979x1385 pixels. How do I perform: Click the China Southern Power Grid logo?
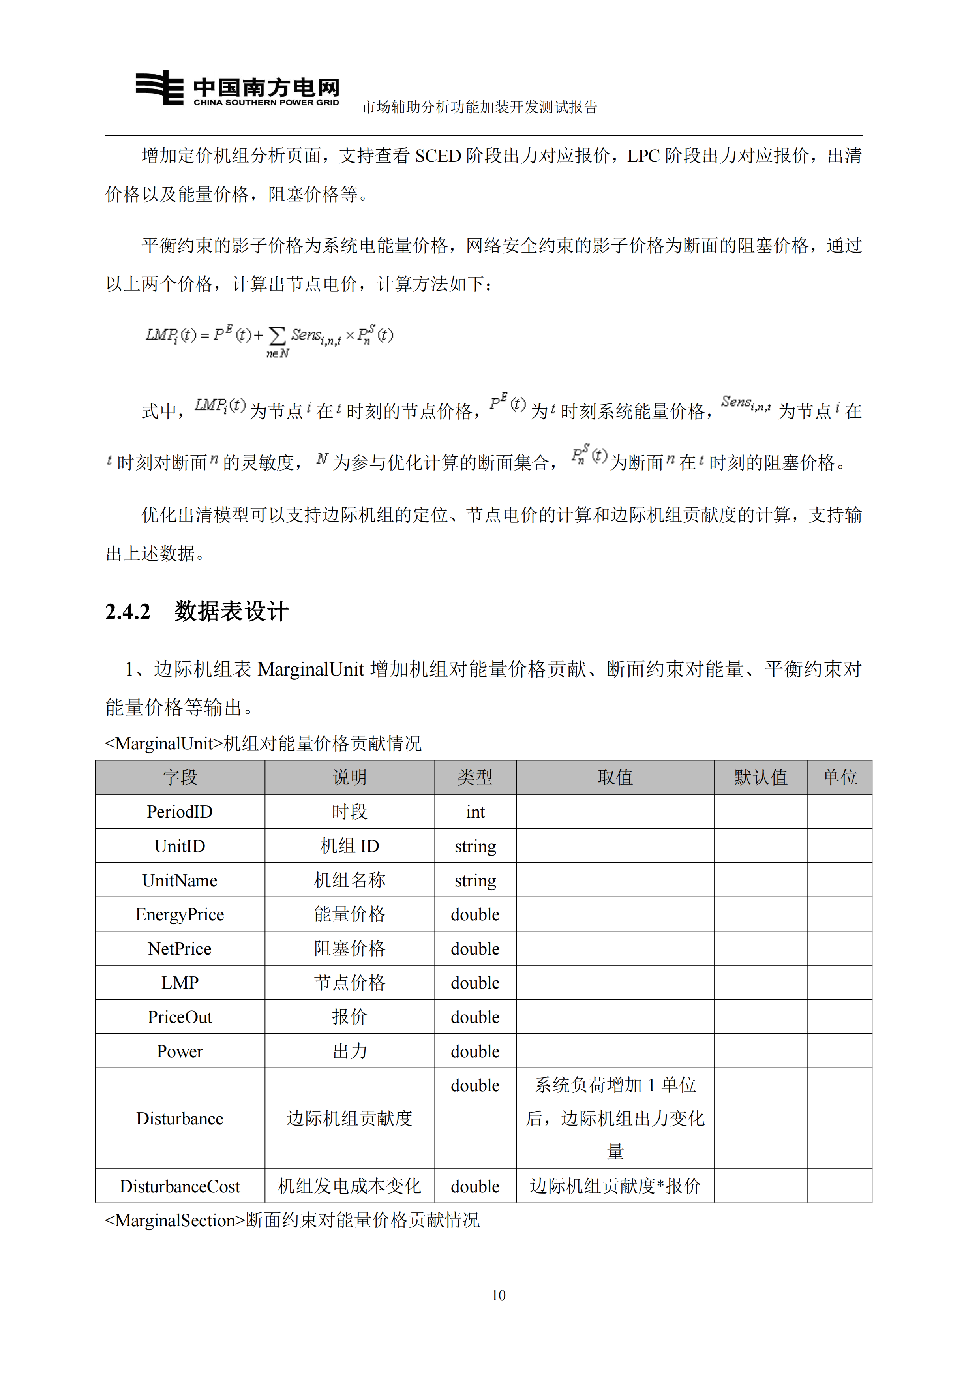pyautogui.click(x=238, y=89)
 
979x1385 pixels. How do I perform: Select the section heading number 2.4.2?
pyautogui.click(x=128, y=612)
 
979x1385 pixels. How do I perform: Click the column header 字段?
pyautogui.click(x=180, y=777)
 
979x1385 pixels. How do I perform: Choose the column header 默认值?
pyautogui.click(x=761, y=777)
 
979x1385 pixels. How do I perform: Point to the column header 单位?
pyautogui.click(x=840, y=777)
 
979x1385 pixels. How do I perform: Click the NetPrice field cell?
pyautogui.click(x=180, y=949)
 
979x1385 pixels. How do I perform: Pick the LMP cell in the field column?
pyautogui.click(x=180, y=983)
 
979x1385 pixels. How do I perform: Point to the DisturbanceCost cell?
pyautogui.click(x=180, y=1186)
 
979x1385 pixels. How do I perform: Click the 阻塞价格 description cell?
pyautogui.click(x=349, y=949)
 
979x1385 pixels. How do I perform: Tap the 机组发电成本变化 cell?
pyautogui.click(x=349, y=1186)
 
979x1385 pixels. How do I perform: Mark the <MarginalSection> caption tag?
pyautogui.click(x=175, y=1220)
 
